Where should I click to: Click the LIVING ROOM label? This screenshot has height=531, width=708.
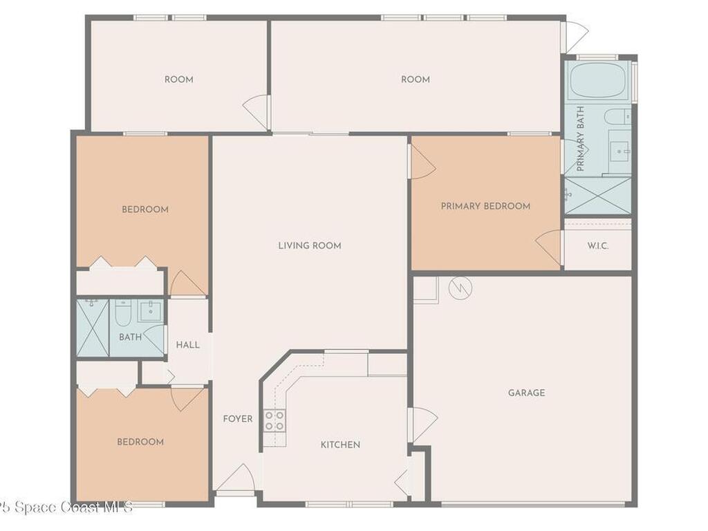tap(309, 245)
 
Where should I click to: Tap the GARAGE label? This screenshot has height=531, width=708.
tap(526, 393)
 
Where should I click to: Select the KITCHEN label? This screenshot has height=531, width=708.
tap(340, 445)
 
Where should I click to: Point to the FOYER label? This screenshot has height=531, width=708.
tap(238, 419)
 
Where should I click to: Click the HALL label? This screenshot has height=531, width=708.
tap(188, 345)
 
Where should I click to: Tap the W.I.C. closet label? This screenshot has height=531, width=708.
tap(598, 246)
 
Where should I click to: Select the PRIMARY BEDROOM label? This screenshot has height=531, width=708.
tap(485, 206)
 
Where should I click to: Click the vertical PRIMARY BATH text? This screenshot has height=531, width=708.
tap(581, 138)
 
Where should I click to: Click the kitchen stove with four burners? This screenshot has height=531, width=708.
tap(274, 420)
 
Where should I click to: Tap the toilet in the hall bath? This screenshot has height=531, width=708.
tap(123, 312)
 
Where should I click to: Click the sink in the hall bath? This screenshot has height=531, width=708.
tap(151, 310)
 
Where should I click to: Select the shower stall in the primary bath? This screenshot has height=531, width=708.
tap(598, 196)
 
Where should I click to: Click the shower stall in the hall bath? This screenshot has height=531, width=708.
tap(93, 328)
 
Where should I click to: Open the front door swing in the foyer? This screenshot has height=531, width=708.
tap(235, 477)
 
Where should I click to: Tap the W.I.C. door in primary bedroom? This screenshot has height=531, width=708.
tap(549, 248)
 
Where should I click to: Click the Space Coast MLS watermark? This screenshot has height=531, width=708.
tap(66, 507)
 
